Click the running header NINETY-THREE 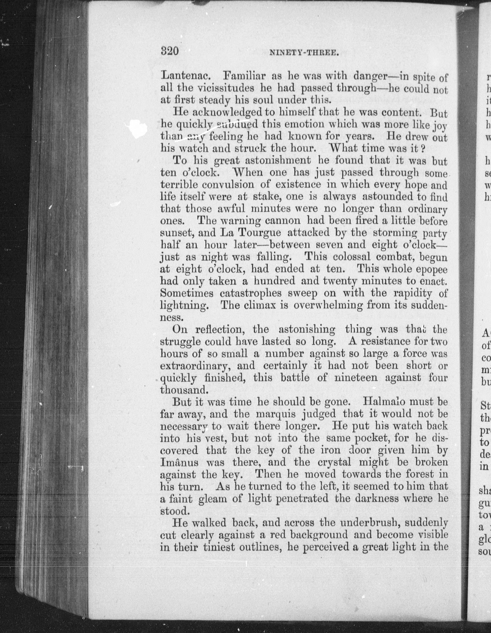[304, 53]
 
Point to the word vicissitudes [223, 88]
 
